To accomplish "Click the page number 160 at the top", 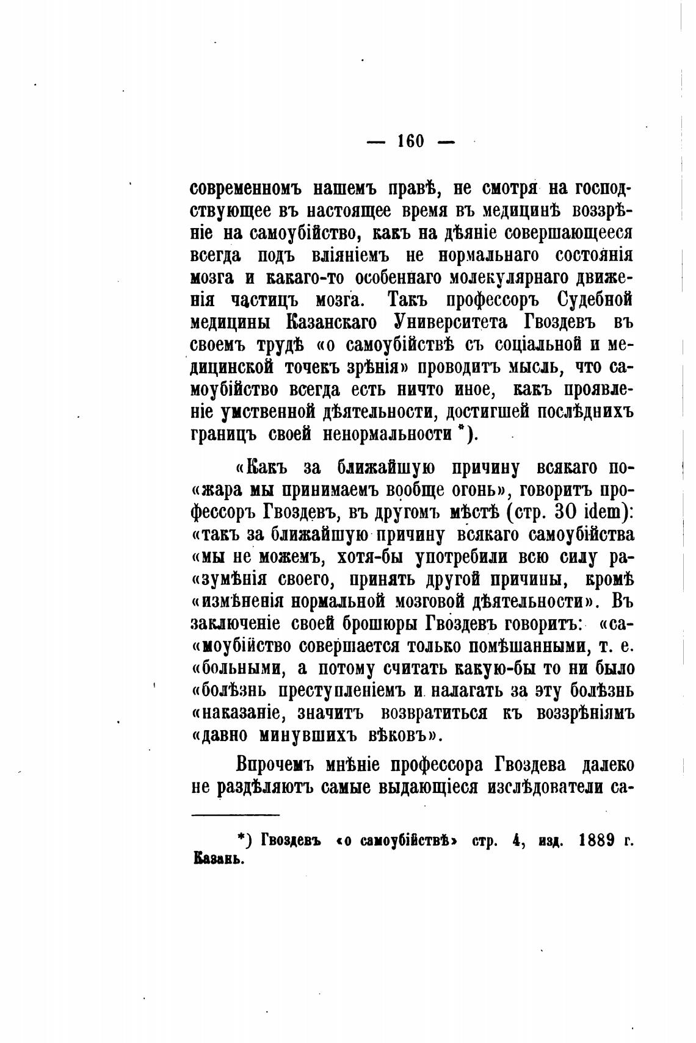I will tap(410, 142).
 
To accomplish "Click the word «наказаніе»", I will tap(241, 712).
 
